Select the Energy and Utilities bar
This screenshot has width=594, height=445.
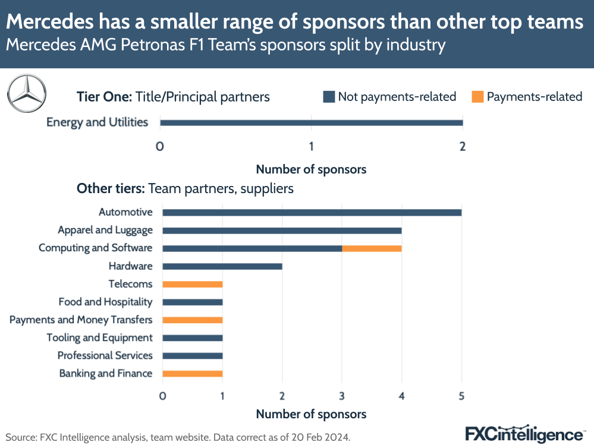click(x=311, y=123)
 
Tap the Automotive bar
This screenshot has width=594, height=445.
click(x=312, y=212)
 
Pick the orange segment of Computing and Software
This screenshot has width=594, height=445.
click(x=372, y=248)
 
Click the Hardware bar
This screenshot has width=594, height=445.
click(x=222, y=266)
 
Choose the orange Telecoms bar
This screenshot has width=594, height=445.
click(x=192, y=284)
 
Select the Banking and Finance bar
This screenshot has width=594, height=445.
click(x=192, y=374)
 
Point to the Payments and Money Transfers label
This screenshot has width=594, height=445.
click(x=81, y=320)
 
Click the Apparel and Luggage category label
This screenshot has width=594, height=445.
click(x=105, y=230)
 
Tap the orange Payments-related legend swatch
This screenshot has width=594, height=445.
click(x=478, y=97)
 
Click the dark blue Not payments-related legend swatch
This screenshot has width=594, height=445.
click(x=329, y=97)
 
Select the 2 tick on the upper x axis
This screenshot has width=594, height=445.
click(x=463, y=146)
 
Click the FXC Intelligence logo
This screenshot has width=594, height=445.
click(x=523, y=433)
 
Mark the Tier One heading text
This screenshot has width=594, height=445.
click(x=173, y=96)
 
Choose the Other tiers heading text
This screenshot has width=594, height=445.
click(x=185, y=188)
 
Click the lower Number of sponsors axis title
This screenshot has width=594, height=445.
click(x=311, y=414)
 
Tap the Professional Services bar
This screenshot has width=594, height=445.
click(x=192, y=356)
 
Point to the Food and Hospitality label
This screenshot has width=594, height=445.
click(x=105, y=302)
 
